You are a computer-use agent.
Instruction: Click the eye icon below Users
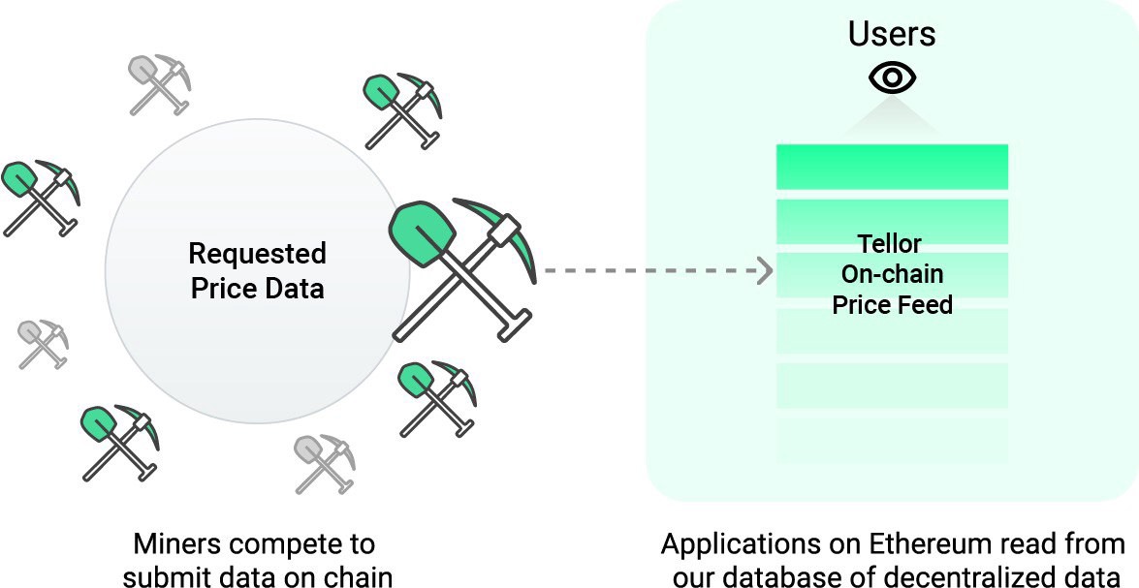[892, 78]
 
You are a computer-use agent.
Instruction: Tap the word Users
[892, 34]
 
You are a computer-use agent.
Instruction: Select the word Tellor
[890, 243]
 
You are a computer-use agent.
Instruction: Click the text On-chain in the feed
[892, 274]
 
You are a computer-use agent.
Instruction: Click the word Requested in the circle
[257, 255]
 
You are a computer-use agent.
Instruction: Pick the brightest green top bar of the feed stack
[892, 167]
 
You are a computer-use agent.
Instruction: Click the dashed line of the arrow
[649, 270]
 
